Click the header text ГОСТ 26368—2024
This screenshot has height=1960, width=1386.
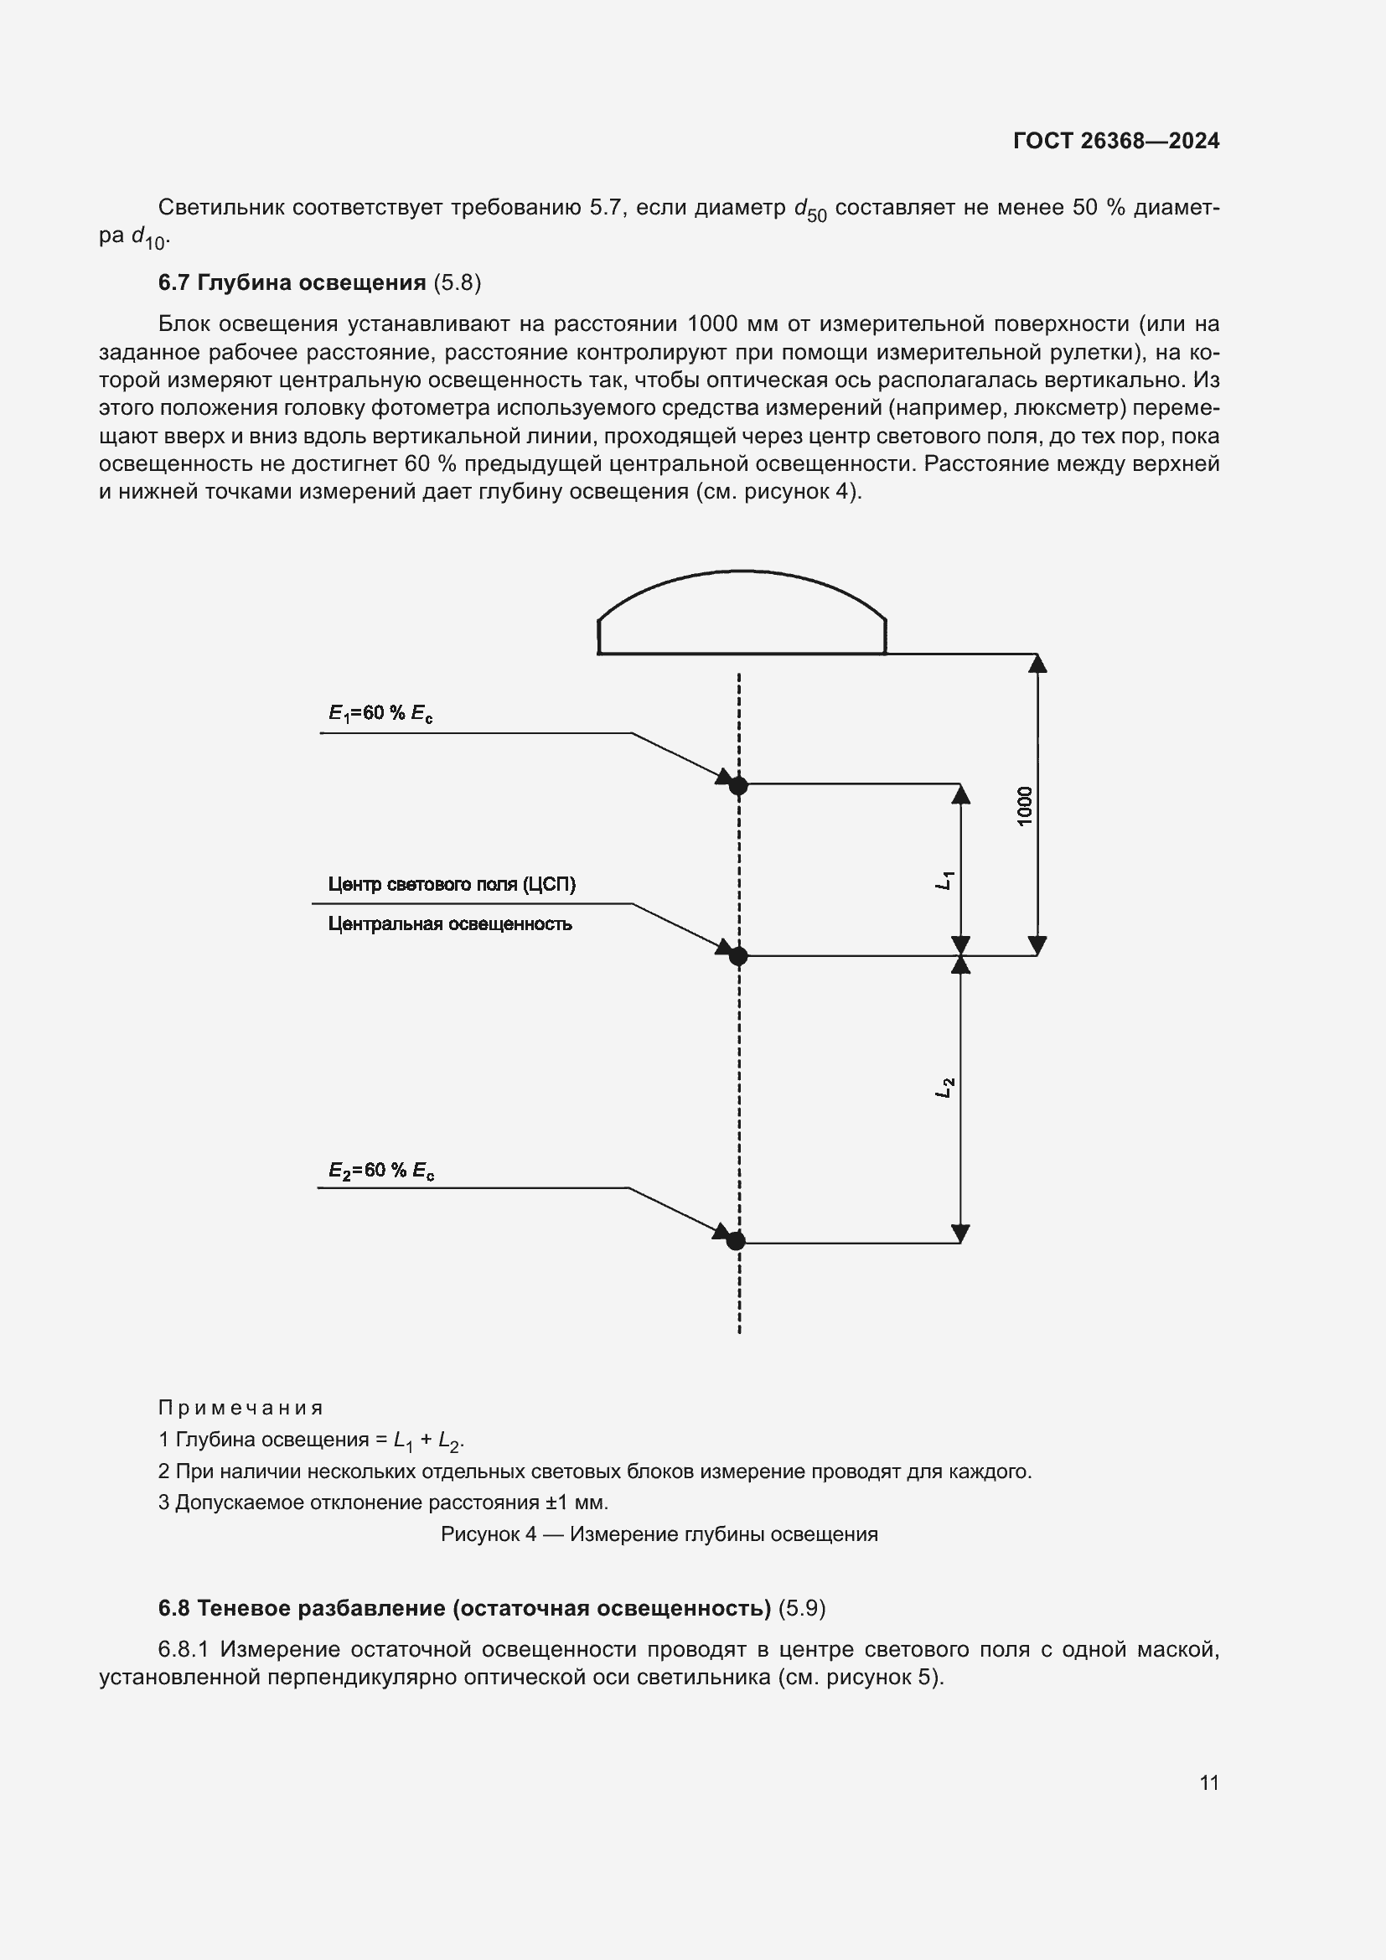pyautogui.click(x=1115, y=141)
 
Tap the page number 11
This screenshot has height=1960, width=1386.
pyautogui.click(x=1208, y=1782)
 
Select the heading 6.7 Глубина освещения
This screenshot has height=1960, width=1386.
pyautogui.click(x=292, y=282)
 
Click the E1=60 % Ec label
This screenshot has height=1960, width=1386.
pyautogui.click(x=380, y=713)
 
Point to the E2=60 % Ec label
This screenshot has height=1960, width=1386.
pyautogui.click(x=381, y=1171)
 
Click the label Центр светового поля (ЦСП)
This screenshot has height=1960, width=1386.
pyautogui.click(x=452, y=884)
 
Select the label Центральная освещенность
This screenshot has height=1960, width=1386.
pyautogui.click(x=450, y=923)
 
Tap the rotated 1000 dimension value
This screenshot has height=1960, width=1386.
pyautogui.click(x=1025, y=805)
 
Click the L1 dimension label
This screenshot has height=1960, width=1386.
pyautogui.click(x=944, y=880)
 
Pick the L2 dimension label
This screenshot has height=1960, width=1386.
pyautogui.click(x=944, y=1088)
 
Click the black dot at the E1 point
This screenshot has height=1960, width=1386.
pyautogui.click(x=738, y=785)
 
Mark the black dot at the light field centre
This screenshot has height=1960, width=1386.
pyautogui.click(x=738, y=956)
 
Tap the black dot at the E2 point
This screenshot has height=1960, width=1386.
pyautogui.click(x=736, y=1241)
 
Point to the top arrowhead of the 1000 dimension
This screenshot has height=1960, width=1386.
pyautogui.click(x=1037, y=664)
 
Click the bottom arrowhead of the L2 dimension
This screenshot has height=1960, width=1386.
pyautogui.click(x=960, y=1233)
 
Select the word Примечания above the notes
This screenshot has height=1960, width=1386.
pyautogui.click(x=240, y=1408)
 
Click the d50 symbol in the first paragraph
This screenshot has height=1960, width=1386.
pyautogui.click(x=810, y=210)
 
